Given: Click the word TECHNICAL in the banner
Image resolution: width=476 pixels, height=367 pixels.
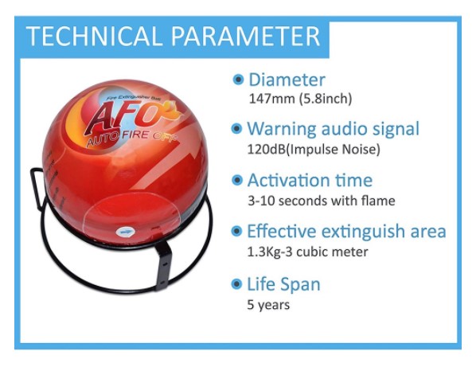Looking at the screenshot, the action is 92,36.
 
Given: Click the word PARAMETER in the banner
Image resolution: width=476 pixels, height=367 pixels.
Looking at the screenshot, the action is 246,36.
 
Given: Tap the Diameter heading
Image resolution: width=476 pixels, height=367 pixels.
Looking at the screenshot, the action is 287,80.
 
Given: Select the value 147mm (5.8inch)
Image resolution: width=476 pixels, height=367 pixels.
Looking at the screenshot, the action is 300,99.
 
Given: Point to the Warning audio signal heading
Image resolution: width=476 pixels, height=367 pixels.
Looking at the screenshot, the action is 333,129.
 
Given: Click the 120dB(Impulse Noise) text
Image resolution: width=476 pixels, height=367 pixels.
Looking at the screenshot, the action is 314,149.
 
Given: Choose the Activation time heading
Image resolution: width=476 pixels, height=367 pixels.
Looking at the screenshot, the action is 310,180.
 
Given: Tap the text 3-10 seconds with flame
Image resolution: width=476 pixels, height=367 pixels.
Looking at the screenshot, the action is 322,201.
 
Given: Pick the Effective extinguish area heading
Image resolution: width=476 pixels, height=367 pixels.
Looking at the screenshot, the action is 347,231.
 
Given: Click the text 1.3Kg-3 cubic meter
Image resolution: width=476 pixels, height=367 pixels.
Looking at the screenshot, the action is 307,252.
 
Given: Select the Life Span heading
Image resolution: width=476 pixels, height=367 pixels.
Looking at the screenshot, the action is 284,284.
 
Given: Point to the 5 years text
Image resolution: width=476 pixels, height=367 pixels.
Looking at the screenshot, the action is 268,304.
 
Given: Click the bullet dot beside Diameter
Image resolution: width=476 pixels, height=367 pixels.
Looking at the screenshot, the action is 238,80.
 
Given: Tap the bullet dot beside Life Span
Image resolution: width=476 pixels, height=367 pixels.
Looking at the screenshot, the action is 236,284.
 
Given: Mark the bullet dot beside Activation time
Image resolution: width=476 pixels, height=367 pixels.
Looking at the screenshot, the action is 236,180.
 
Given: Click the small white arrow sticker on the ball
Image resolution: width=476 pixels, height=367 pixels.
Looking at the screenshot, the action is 125,232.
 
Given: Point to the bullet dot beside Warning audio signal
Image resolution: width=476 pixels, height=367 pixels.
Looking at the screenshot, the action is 236,129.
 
